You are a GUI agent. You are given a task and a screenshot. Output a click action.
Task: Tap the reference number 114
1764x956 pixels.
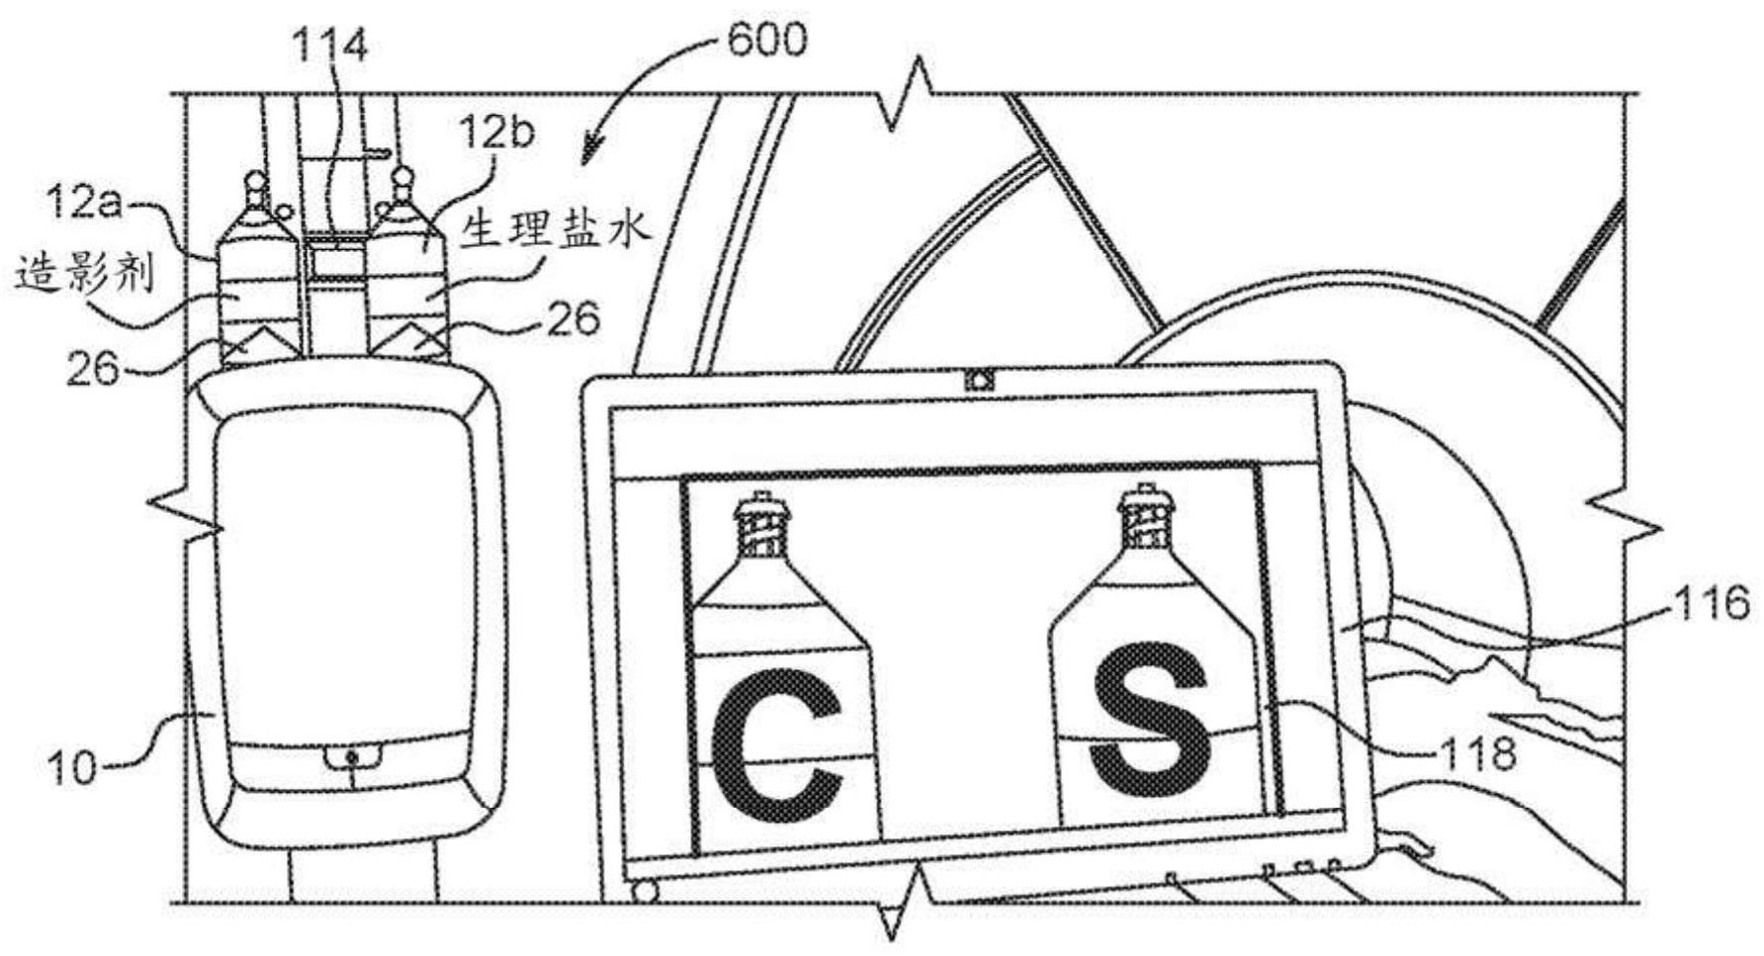pos(330,46)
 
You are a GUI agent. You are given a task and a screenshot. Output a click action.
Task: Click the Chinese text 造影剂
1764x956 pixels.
pos(85,274)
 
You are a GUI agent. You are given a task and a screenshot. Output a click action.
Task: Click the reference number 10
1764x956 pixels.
pos(71,766)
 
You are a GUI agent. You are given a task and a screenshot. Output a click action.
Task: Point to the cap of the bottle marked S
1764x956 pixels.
pos(1144,514)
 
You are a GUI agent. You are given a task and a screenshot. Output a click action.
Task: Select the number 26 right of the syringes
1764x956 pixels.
pos(571,319)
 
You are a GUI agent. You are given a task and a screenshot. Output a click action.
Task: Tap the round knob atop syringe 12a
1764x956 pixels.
pos(254,184)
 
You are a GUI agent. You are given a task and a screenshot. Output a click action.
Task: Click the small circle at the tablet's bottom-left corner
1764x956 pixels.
pos(644,892)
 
